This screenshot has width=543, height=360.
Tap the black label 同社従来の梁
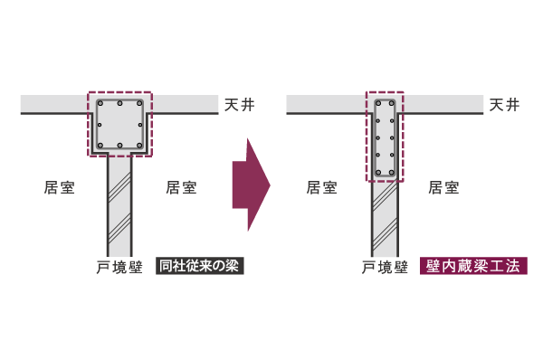pos(200,267)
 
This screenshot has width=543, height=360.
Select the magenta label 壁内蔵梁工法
pos(472,267)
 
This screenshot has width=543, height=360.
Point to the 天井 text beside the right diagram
pos(504,105)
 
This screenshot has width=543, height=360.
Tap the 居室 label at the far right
pos(443,187)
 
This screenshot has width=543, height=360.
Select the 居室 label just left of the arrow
pos(181,187)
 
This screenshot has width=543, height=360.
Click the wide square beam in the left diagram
pos(120,124)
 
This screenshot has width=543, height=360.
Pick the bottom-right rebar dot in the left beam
pos(138,144)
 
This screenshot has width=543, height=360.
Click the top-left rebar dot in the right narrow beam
pos(378,103)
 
